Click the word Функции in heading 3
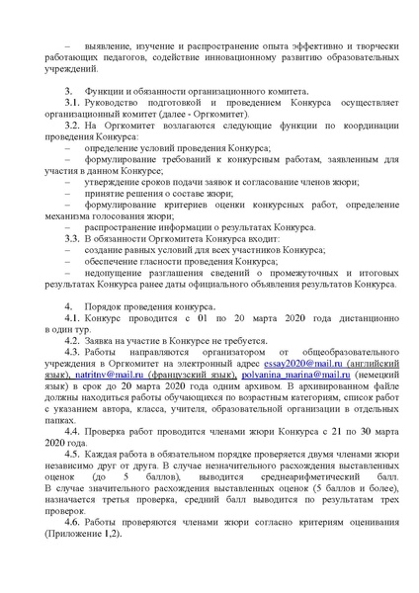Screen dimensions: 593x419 pyautogui.click(x=106, y=119)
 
